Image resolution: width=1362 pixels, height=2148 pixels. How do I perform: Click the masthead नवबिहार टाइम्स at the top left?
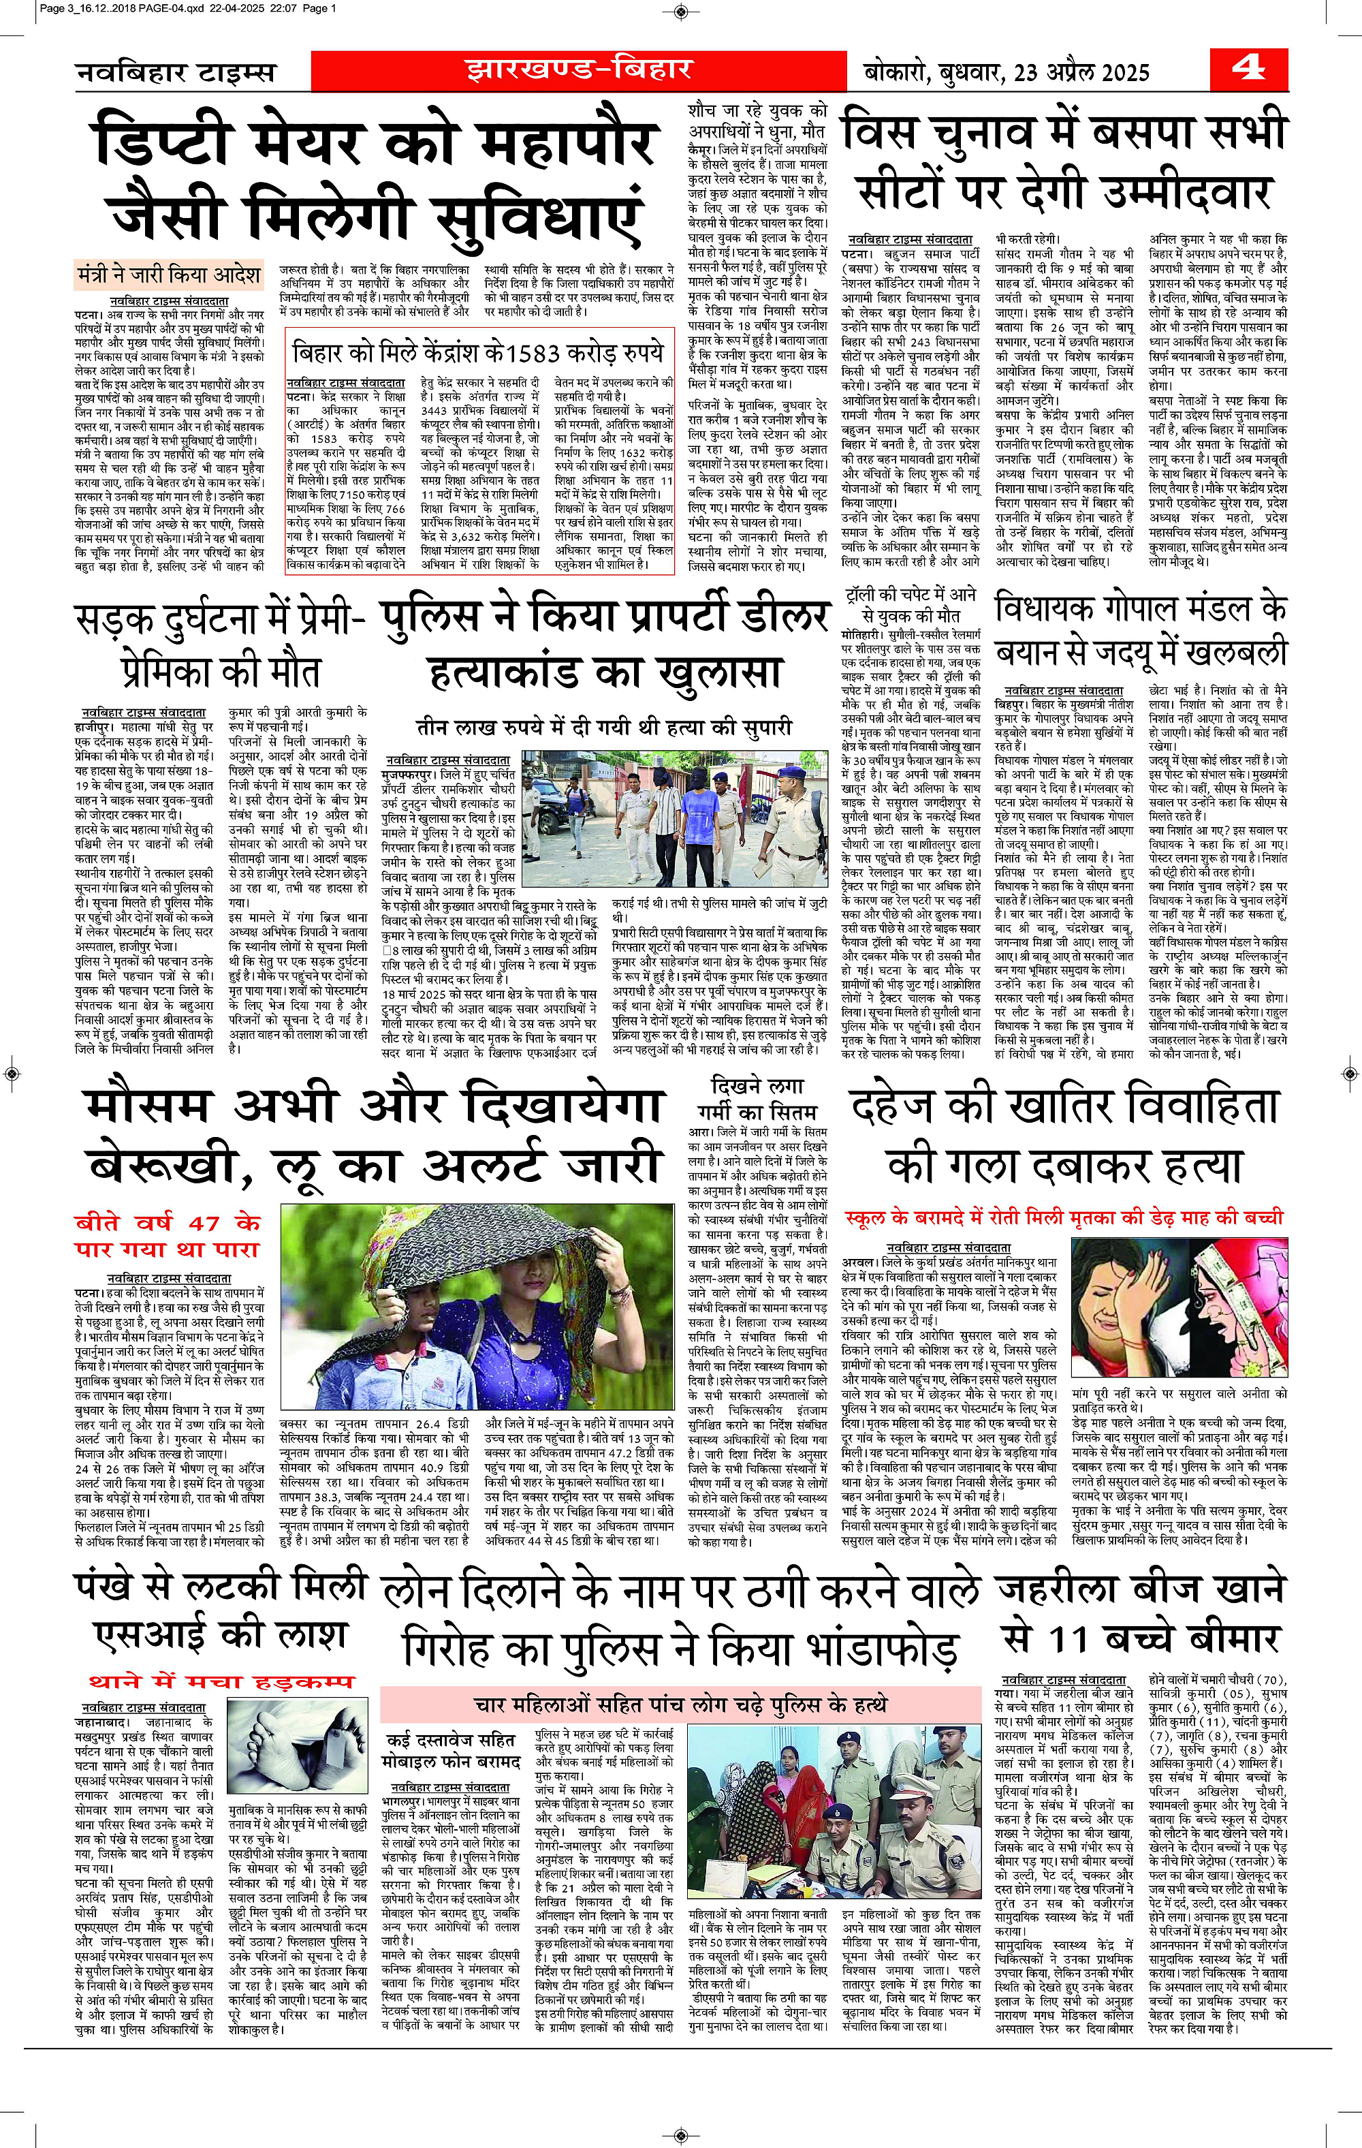pyautogui.click(x=175, y=72)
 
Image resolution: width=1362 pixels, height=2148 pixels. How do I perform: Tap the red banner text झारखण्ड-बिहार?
pyautogui.click(x=578, y=69)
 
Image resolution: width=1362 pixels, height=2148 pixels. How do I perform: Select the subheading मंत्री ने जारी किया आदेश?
pyautogui.click(x=169, y=274)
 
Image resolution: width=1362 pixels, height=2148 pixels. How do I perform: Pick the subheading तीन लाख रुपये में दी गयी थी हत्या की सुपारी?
pyautogui.click(x=604, y=727)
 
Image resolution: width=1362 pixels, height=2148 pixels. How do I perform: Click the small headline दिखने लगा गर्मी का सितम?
pyautogui.click(x=757, y=1099)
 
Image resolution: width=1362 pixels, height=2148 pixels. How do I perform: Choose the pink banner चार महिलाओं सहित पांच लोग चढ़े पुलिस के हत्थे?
pyautogui.click(x=680, y=1705)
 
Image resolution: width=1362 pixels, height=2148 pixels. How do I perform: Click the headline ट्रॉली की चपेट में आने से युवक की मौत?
pyautogui.click(x=910, y=605)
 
